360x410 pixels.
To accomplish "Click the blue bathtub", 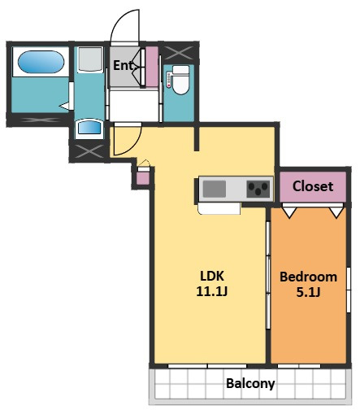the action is (41, 62).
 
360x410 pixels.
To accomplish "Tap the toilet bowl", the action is (180, 84).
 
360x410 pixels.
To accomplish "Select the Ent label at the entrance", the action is (124, 65).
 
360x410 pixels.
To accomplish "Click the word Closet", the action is (313, 186).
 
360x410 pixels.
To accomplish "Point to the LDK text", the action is (212, 276).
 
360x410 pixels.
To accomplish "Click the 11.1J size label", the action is (212, 291).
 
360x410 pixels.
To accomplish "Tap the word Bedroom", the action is (309, 277).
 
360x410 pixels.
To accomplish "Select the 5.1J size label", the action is (308, 292).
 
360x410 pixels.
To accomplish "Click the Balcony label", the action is (250, 384).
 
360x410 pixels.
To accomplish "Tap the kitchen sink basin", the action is (215, 189).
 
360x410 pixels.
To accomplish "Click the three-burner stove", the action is (258, 189).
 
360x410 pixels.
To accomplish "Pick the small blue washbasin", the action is (89, 128).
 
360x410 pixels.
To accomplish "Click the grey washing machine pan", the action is (90, 59).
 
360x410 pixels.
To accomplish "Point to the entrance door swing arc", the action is (119, 19).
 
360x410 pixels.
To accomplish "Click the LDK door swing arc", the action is (135, 146).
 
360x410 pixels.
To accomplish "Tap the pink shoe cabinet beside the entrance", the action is (152, 67).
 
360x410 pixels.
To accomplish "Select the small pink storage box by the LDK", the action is (143, 179).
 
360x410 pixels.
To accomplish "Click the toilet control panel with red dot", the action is (169, 80).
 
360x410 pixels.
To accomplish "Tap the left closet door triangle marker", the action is (289, 212).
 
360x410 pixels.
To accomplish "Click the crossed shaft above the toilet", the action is (179, 53).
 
